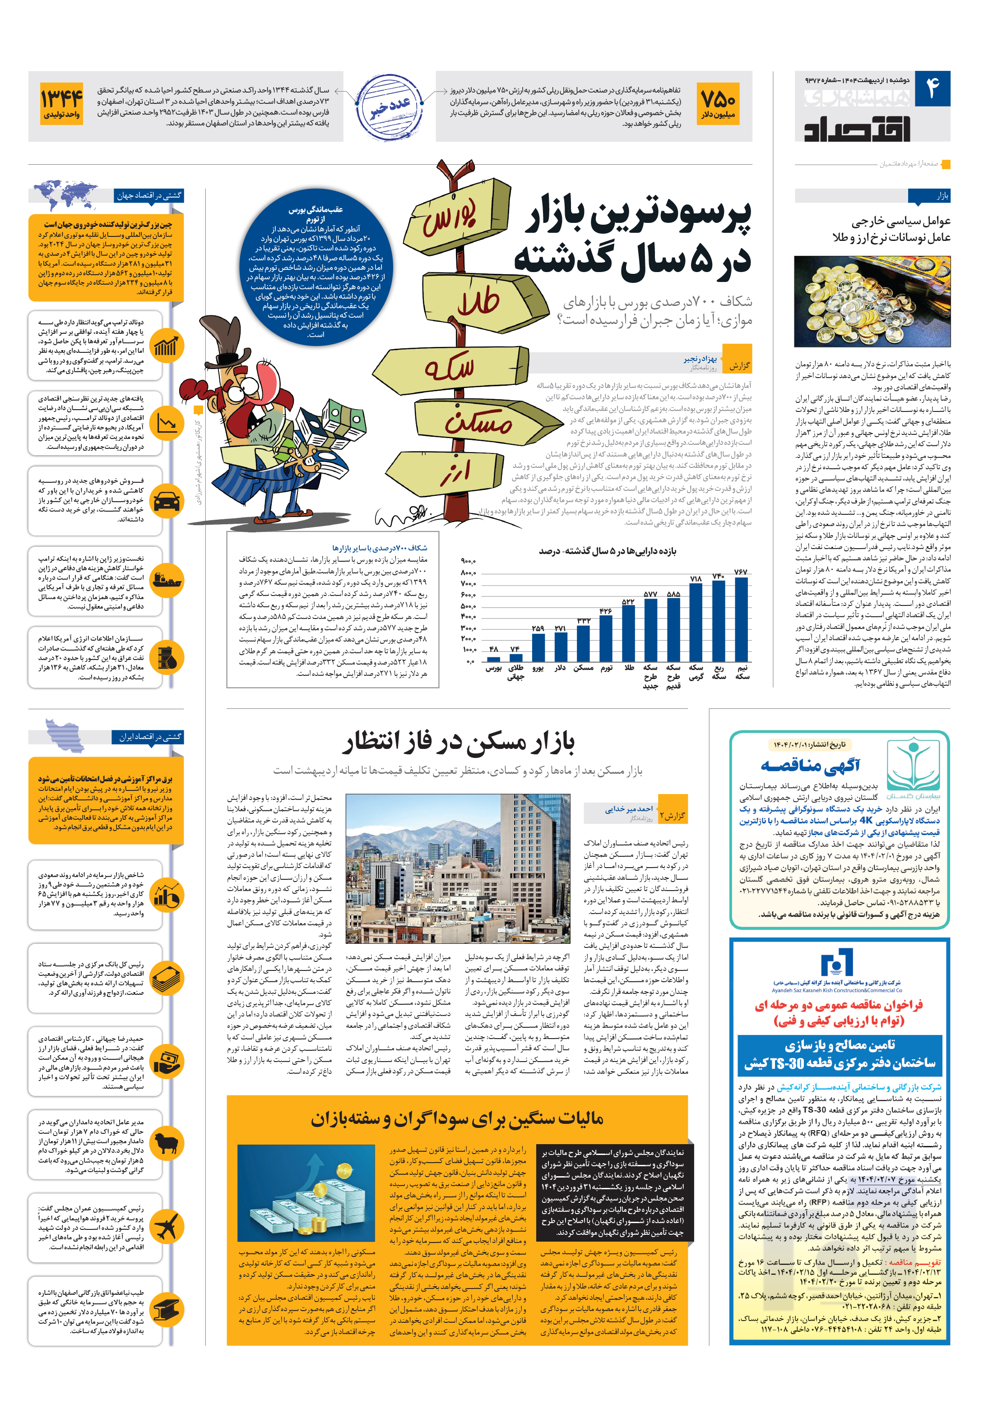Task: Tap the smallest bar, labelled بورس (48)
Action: click(x=493, y=658)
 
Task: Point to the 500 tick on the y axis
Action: click(x=468, y=606)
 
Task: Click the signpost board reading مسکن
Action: click(x=479, y=421)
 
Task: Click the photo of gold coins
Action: click(x=872, y=301)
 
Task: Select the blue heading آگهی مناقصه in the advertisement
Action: click(x=810, y=766)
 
